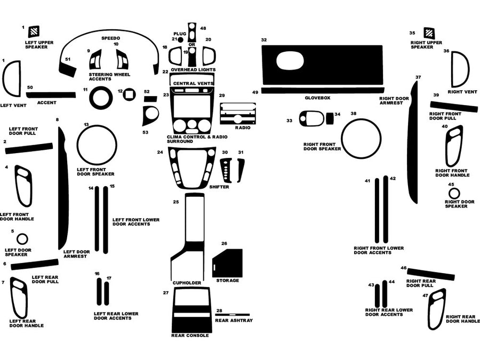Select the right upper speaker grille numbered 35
[429, 32]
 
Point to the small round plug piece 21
[181, 39]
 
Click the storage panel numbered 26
[228, 262]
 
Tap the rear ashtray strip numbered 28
[233, 313]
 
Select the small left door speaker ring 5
[22, 238]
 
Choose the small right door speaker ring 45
[454, 193]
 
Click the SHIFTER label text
[219, 187]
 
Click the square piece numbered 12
[129, 94]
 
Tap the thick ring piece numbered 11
[100, 98]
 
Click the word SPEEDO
[111, 38]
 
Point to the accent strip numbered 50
[51, 95]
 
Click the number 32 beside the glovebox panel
[264, 40]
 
